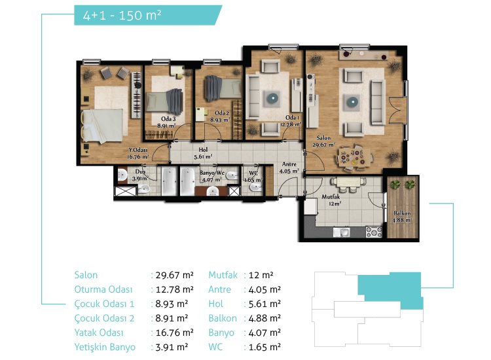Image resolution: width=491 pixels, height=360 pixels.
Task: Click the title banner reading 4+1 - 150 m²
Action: pos(148,15)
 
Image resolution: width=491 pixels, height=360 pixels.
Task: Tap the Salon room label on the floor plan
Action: pos(323,137)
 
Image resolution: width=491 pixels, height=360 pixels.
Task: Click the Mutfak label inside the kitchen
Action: pos(331,196)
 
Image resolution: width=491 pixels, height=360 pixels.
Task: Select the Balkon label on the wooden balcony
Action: pos(402,213)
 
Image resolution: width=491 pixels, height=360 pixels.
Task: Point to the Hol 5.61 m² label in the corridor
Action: pos(203,153)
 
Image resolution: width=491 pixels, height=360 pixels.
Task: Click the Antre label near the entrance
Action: pos(289,164)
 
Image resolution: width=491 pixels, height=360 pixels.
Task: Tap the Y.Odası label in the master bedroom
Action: pos(138,150)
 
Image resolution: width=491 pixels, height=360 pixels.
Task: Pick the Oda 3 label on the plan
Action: pos(168,119)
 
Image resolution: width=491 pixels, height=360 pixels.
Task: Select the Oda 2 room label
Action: pos(222,113)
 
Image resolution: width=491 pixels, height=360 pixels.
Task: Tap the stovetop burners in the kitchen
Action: pos(374,232)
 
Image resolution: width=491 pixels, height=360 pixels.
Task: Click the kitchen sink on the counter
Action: pos(341,232)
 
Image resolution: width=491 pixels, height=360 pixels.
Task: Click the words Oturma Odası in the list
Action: pos(103,289)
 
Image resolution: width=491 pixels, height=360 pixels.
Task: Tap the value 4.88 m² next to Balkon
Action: pos(264,318)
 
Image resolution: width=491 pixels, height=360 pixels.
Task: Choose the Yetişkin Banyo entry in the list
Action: pos(105,347)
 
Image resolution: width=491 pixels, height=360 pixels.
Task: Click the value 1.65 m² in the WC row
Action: pos(264,347)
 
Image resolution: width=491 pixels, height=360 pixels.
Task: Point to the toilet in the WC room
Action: pos(255,187)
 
